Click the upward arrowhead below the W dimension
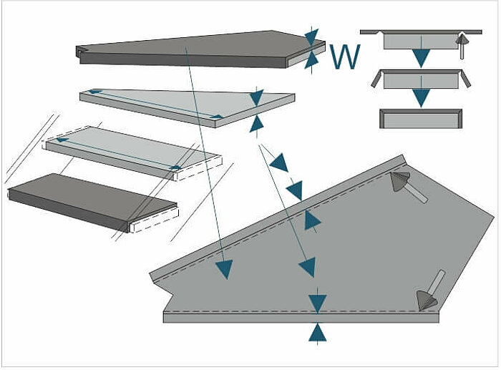pos(311,60)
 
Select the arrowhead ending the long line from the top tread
pos(224,269)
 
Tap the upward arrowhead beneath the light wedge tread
pos(256,123)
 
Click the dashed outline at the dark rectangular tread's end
pos(155,223)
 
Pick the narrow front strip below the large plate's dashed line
pos(301,317)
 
